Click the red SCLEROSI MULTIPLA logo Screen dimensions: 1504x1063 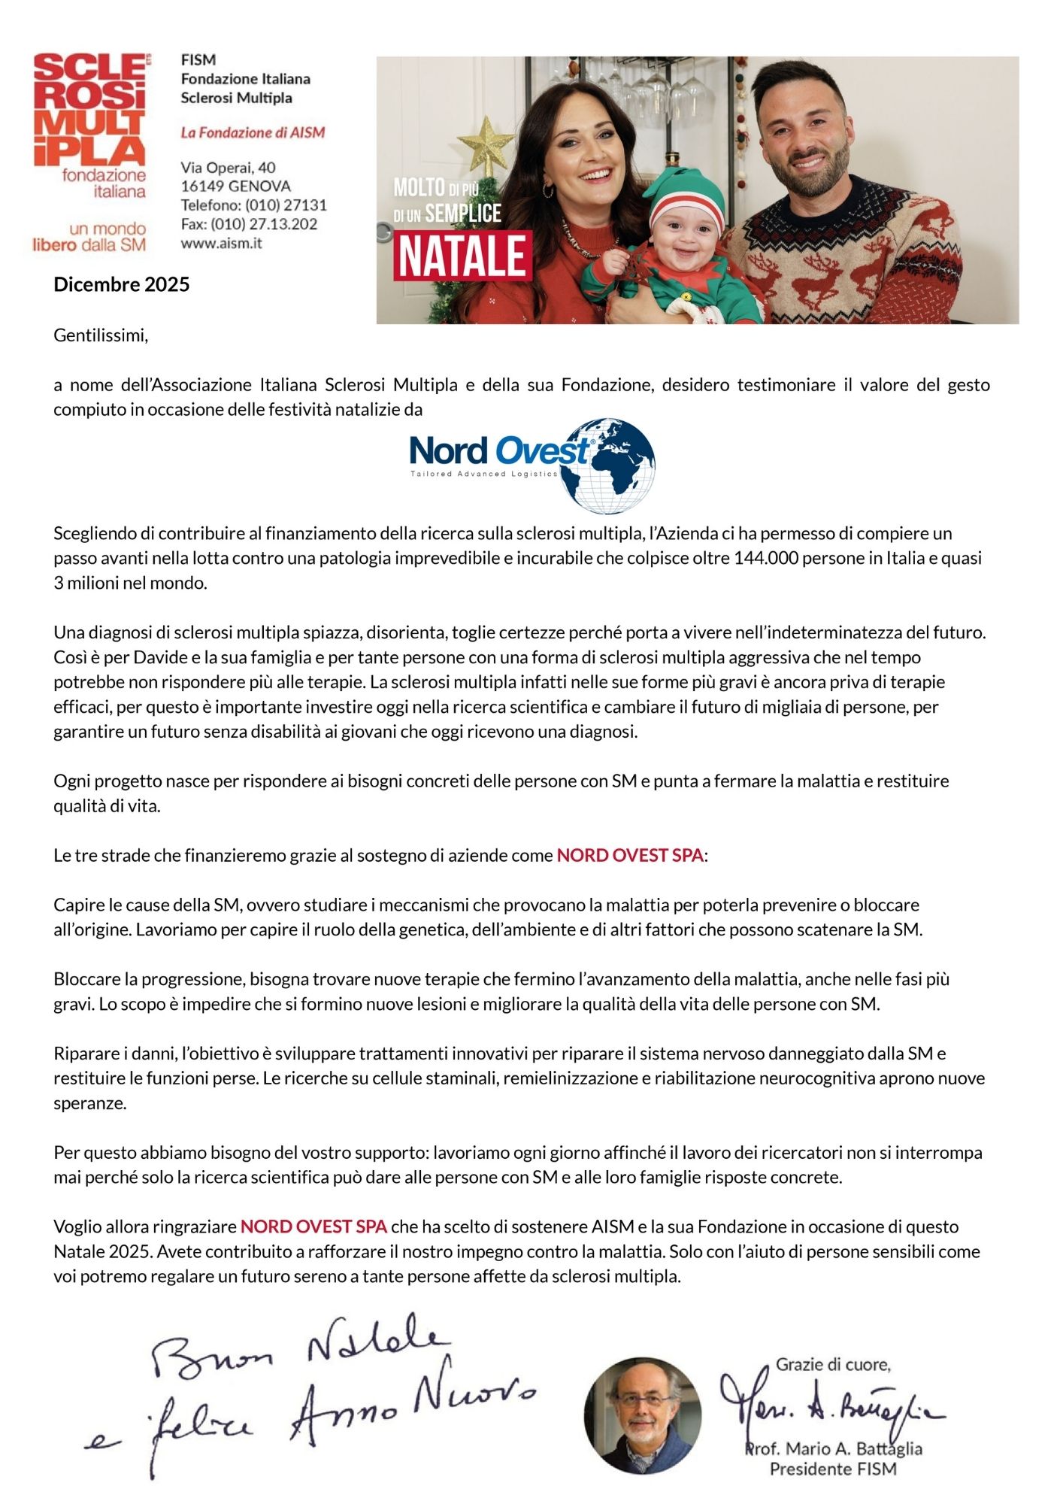tap(89, 109)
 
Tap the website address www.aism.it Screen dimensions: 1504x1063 tap(221, 243)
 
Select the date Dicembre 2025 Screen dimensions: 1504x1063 tap(121, 284)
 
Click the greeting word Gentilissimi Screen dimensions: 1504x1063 tap(100, 335)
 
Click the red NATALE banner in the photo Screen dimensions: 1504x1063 tap(462, 256)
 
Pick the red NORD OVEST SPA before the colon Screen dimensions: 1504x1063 tap(629, 855)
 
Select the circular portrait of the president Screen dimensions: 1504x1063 tap(643, 1415)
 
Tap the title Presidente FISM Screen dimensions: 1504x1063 tap(833, 1468)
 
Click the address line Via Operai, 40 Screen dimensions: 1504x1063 tap(228, 167)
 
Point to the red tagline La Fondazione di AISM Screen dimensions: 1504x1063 tap(253, 132)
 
